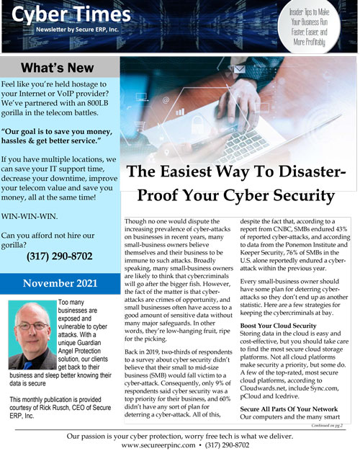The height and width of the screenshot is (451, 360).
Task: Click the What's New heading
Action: tap(58, 68)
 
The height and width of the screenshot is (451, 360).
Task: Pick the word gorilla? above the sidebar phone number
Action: tap(22, 244)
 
